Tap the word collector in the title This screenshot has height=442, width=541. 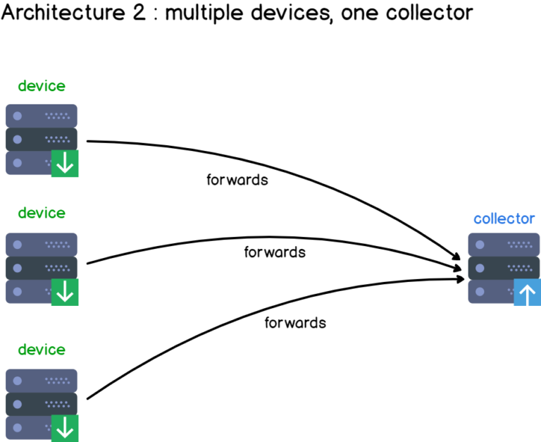point(433,13)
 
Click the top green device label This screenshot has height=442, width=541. point(42,86)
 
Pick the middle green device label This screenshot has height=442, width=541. point(42,213)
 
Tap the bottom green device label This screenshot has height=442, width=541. point(42,350)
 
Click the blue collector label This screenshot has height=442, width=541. point(504,219)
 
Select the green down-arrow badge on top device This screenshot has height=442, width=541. point(65,164)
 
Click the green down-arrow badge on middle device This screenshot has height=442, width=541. point(65,292)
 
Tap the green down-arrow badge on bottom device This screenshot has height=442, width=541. point(65,428)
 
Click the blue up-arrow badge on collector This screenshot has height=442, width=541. point(527,292)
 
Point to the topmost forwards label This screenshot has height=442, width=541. point(237,180)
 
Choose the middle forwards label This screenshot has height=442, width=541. point(275,252)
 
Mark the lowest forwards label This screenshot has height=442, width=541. point(295,323)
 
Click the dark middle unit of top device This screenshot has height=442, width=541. point(42,139)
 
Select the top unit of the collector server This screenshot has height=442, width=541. point(504,245)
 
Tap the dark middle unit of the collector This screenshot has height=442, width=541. point(504,268)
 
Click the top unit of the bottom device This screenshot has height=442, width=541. point(42,381)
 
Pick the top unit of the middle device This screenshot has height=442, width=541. point(42,245)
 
